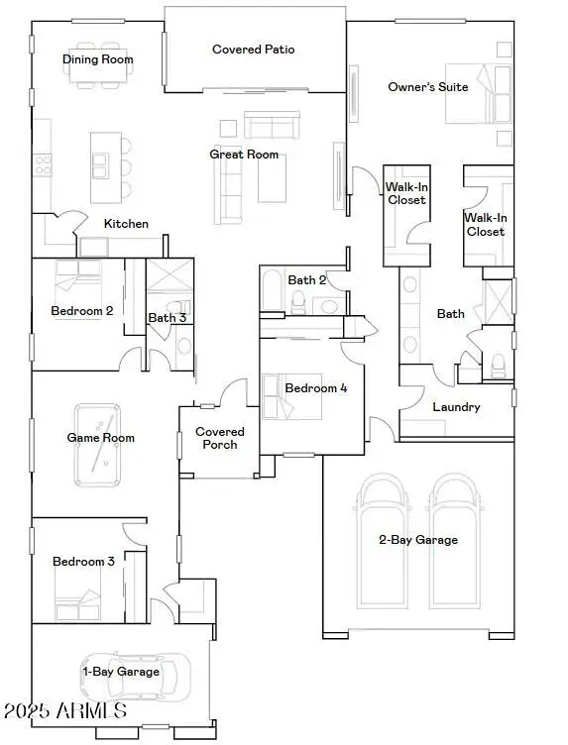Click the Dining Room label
97,59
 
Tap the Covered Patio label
253,50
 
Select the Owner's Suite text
427,87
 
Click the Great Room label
244,155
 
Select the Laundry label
456,407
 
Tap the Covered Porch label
219,438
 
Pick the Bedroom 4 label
316,388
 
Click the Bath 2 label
307,280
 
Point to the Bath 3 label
168,318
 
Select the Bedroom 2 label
81,311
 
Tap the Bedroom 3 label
83,562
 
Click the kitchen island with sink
99,162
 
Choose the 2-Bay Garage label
417,540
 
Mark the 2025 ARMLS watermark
65,710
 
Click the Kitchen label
126,224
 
